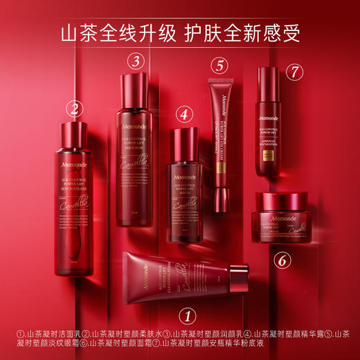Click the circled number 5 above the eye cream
click(219, 66)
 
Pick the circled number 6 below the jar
click(281, 260)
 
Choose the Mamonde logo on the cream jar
click(282, 217)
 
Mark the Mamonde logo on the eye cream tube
click(221, 101)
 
